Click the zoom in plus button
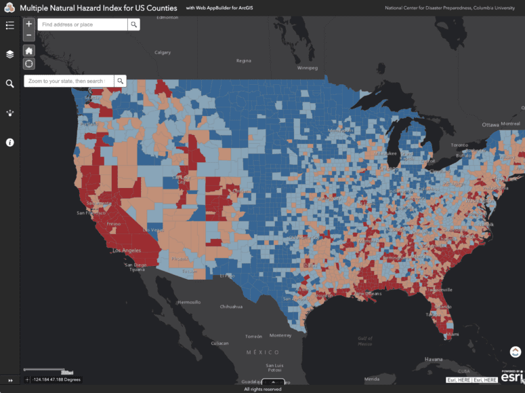(x=29, y=24)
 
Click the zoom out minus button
(x=29, y=35)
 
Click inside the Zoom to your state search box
(x=68, y=81)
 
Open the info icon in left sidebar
(x=9, y=143)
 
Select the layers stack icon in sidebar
(x=9, y=54)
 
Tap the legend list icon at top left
(x=9, y=25)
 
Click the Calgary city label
(x=163, y=52)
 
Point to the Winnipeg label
(x=307, y=68)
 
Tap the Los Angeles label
(x=127, y=250)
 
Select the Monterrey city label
(x=280, y=335)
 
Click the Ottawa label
(x=490, y=125)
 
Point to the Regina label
(x=243, y=60)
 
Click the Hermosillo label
(x=189, y=301)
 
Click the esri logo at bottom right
(x=512, y=377)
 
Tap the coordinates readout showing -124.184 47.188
(x=56, y=379)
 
